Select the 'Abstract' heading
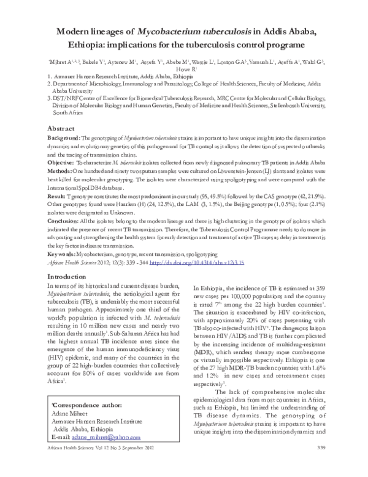(x=64, y=128)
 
